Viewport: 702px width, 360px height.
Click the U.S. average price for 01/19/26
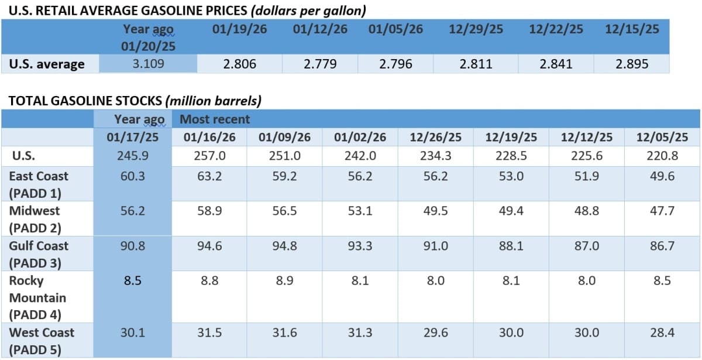239,64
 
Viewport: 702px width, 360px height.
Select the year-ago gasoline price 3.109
148,64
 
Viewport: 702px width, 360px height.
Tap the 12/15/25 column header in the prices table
632,29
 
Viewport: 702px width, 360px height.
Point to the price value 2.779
320,64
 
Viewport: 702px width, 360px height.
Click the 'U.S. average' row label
47,64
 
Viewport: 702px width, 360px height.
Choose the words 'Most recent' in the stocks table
214,119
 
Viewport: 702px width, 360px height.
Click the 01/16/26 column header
209,138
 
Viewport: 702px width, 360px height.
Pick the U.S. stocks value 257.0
209,156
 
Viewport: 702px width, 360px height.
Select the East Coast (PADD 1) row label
39,184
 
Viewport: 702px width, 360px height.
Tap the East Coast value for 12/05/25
662,176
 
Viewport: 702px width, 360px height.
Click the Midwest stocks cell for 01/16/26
209,211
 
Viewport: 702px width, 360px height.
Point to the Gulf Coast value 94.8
284,246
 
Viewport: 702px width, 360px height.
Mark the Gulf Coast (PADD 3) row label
39,254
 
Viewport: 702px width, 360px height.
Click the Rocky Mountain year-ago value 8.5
132,281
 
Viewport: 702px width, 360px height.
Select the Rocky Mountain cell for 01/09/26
284,281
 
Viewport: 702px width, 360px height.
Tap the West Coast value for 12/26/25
435,332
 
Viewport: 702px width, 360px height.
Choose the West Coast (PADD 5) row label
42,341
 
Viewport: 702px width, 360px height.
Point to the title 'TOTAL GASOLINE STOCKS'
85,101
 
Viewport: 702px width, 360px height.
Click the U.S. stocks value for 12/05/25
662,156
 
